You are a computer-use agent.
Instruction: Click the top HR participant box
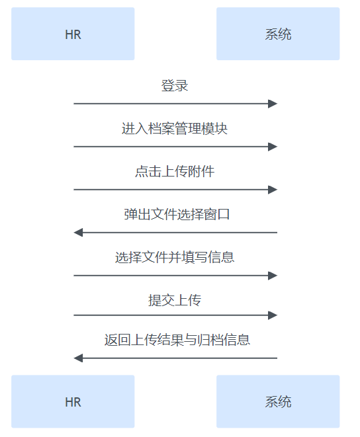pos(73,34)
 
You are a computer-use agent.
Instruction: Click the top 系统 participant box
pos(278,34)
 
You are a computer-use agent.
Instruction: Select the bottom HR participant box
pos(73,401)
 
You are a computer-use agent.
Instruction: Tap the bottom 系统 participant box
pos(278,401)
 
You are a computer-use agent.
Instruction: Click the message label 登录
pos(175,85)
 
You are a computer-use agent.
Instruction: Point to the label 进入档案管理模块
pos(175,129)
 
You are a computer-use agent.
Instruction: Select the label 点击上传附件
pos(175,171)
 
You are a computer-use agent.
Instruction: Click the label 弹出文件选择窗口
pos(177,214)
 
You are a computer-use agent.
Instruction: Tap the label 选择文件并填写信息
pos(175,257)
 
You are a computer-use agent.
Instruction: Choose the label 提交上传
pos(175,300)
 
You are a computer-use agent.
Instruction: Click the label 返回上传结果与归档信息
pos(177,340)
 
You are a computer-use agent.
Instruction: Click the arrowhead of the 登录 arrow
pos(273,104)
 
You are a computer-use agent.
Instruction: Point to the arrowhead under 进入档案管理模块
pos(273,147)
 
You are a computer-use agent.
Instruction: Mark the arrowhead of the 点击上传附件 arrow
pos(273,190)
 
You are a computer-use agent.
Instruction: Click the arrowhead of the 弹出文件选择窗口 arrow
pos(78,233)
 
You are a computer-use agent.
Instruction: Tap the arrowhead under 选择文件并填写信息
pos(273,276)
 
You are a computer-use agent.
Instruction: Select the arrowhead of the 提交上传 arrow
pos(273,315)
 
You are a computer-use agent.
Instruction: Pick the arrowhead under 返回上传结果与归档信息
pos(78,358)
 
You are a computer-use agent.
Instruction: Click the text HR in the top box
pos(73,34)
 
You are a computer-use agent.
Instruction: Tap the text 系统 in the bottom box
pos(278,402)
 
